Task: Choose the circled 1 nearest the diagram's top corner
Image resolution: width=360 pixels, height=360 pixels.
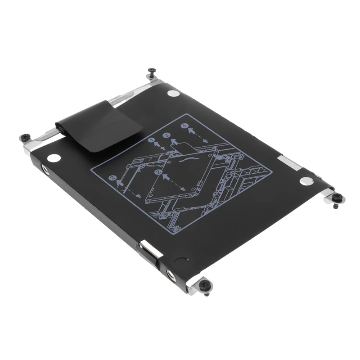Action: point(184,126)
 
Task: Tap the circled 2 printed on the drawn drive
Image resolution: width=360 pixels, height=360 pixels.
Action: point(157,172)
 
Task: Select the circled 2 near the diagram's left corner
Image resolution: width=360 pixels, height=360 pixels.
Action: point(112,178)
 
